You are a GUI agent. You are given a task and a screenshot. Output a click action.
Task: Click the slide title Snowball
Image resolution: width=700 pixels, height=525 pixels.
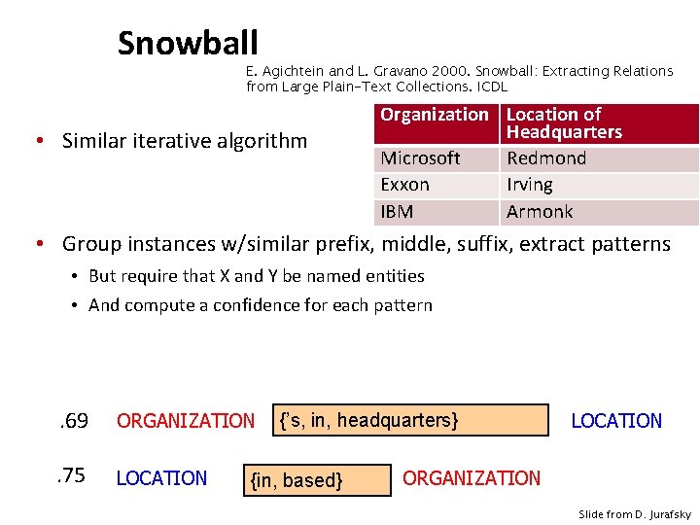coord(188,43)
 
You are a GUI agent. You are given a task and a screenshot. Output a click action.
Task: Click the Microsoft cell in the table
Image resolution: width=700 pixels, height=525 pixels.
coord(420,158)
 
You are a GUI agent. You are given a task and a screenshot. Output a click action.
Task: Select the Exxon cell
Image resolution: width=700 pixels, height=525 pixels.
coord(404,185)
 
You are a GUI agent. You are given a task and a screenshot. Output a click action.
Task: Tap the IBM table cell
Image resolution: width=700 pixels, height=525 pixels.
coord(397,212)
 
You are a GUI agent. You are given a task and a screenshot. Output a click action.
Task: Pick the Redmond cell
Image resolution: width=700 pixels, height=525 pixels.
coord(546,158)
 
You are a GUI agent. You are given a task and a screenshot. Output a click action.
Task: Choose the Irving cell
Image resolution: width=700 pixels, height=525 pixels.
coord(530,185)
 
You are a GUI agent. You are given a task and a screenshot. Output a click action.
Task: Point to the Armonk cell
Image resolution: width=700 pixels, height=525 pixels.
coord(540,212)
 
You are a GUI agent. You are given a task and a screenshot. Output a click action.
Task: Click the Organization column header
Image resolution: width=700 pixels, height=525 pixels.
coord(435,115)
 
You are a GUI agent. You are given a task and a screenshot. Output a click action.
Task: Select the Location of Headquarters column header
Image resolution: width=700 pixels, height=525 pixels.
coord(564,123)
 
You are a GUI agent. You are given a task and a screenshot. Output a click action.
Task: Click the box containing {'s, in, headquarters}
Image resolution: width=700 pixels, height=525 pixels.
coord(410,420)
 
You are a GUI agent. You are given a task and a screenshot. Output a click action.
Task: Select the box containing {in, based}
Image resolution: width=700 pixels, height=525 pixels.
coord(318,479)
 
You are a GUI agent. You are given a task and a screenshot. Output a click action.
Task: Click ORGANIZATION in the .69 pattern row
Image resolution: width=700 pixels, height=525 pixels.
coord(185,421)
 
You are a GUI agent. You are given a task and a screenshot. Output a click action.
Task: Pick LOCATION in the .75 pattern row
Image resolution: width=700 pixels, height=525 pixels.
coord(161,478)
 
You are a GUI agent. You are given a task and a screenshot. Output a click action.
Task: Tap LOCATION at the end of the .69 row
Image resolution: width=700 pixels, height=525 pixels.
coord(616,421)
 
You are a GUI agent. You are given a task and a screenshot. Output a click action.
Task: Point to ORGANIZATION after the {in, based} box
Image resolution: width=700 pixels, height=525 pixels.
coord(472,478)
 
